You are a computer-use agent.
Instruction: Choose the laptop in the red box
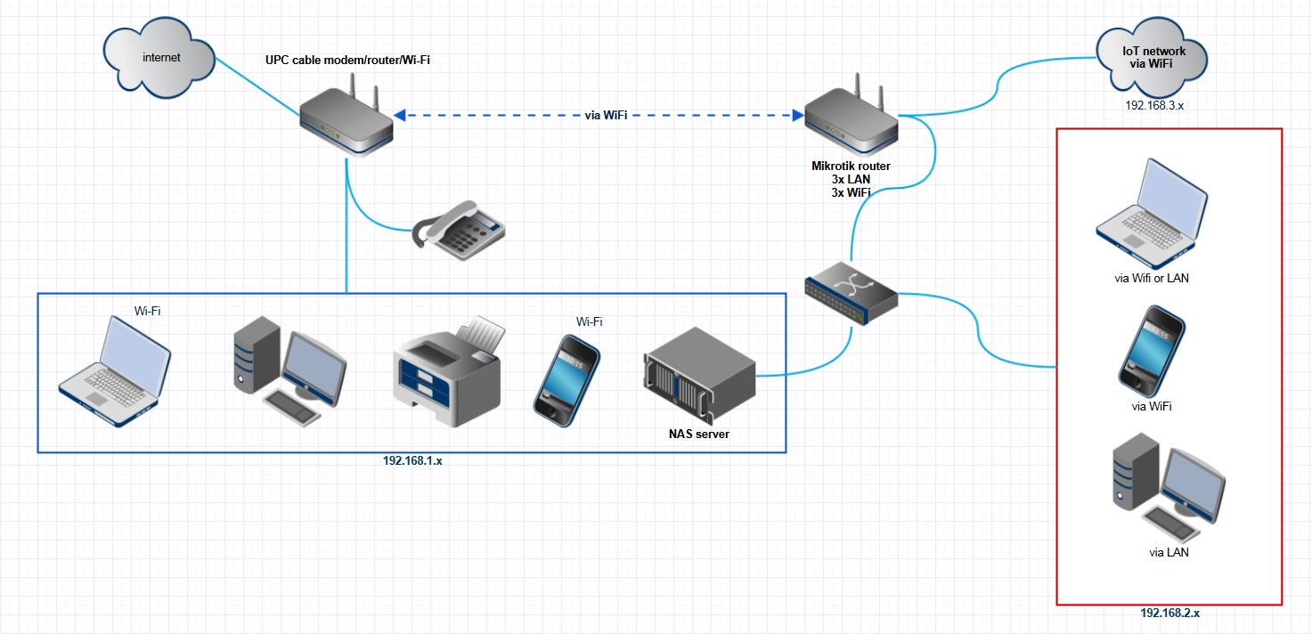1152,214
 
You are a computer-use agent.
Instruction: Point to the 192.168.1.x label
412,461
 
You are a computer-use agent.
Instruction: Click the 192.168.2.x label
1169,614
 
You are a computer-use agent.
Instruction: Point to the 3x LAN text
851,179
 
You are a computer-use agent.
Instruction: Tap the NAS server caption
699,435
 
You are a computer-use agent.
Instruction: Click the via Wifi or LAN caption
1152,278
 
